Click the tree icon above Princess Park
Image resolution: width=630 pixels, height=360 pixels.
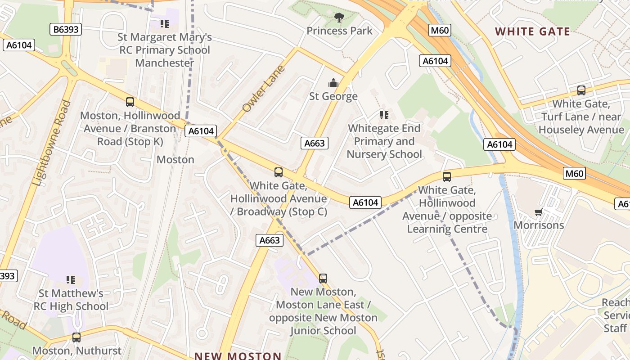[339, 18]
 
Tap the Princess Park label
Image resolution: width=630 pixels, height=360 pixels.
[339, 31]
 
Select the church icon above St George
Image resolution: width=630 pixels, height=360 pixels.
[333, 83]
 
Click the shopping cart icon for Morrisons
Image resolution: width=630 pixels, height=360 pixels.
[538, 212]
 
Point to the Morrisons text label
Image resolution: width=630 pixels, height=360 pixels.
[539, 225]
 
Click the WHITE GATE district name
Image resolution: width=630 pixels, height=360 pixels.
[532, 31]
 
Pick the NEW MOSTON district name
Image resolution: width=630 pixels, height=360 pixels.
[238, 355]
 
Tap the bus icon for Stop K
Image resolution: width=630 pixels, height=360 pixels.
[130, 102]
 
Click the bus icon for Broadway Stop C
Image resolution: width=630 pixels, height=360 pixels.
[279, 172]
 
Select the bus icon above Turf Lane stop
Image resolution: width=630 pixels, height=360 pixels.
[581, 90]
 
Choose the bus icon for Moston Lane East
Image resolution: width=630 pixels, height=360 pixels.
[323, 278]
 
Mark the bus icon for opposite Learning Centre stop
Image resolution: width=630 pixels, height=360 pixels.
[446, 177]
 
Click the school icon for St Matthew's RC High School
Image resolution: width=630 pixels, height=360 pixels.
[71, 280]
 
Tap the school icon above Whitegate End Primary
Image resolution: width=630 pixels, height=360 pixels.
[384, 115]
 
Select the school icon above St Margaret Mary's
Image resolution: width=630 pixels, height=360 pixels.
[164, 23]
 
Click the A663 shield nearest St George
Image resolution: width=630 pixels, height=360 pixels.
[314, 143]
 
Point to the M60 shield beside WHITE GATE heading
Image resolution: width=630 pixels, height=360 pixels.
[440, 30]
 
